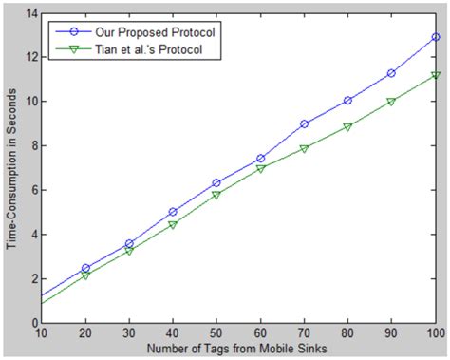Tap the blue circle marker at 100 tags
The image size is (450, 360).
[x=436, y=36]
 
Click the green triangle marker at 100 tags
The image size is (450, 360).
[x=436, y=75]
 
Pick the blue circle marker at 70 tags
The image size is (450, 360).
[x=305, y=123]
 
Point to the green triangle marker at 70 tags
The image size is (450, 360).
[x=305, y=148]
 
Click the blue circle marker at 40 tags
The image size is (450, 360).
[x=173, y=212]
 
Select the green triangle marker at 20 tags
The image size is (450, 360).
[x=85, y=275]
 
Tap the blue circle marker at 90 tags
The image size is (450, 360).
[x=392, y=73]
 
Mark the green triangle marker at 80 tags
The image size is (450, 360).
[x=348, y=126]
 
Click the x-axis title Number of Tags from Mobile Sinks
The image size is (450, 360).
[x=237, y=351]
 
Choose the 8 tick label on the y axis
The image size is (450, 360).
[x=31, y=145]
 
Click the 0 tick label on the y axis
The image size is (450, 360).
[x=31, y=323]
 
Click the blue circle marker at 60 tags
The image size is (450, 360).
[x=261, y=159]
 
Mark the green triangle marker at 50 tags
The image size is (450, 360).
[x=216, y=195]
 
